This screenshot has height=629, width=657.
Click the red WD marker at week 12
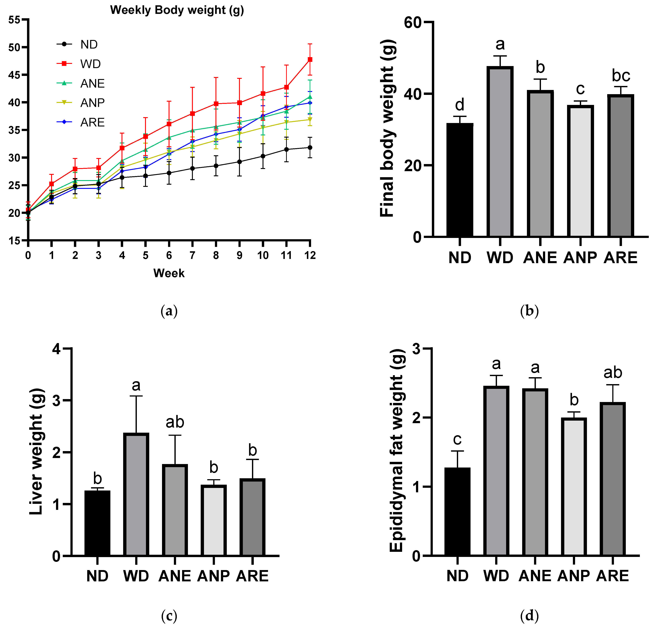point(310,59)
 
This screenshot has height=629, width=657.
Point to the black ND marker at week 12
point(310,147)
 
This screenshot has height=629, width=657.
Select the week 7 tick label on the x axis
point(192,255)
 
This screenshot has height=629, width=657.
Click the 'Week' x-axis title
point(169,273)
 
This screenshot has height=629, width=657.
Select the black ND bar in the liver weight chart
point(97,523)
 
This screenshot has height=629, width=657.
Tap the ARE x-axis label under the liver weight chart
point(252,576)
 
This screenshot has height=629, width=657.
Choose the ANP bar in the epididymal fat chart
point(574,486)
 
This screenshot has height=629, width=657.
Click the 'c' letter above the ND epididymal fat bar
point(457,439)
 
